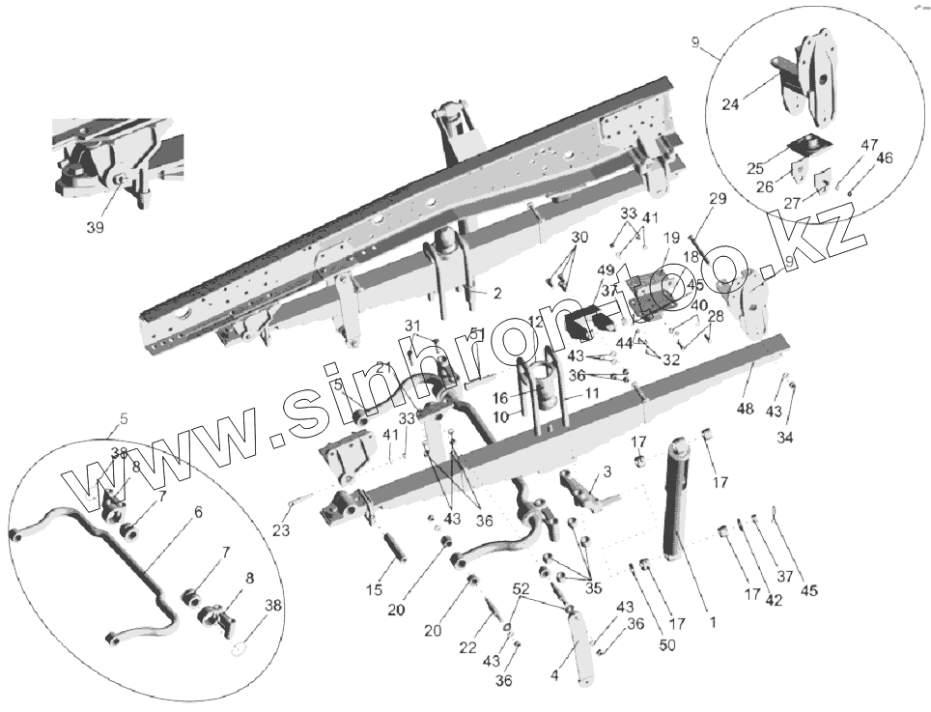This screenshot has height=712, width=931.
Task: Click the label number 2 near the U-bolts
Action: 496,293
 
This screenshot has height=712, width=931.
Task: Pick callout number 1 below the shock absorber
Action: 713,622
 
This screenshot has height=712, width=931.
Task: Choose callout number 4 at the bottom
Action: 554,676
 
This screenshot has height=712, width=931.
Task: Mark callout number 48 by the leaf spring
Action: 745,410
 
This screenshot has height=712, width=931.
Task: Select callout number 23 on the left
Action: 281,529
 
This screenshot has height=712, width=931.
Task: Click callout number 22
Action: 468,647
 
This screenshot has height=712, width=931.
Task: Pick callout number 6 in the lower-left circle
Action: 198,512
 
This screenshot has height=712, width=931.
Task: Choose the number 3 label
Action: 607,471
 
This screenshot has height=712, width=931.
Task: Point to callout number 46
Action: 884,158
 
